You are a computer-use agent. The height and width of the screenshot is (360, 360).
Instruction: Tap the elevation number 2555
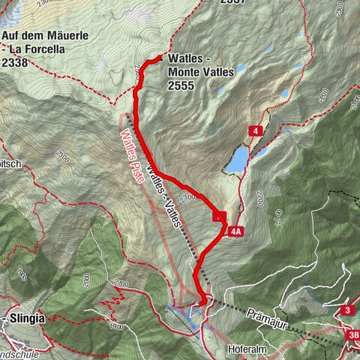click(182, 86)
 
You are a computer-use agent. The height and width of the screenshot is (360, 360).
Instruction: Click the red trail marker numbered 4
click(256, 131)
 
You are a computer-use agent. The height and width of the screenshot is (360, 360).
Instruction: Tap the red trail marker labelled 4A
click(236, 232)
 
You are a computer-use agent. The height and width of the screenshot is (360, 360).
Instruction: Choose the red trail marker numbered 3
click(346, 310)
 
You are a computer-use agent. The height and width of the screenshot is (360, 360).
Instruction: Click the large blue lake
click(238, 158)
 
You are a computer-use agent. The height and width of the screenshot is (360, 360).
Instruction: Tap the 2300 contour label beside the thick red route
click(187, 196)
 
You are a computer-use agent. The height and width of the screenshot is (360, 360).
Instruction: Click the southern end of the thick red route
click(203, 301)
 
